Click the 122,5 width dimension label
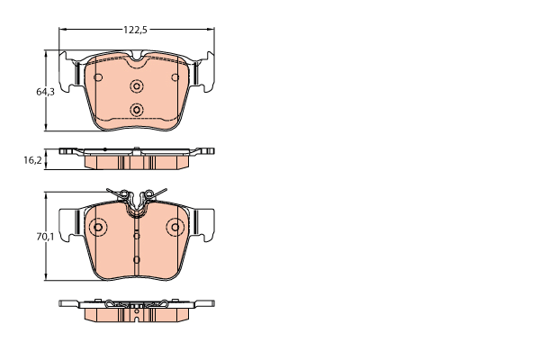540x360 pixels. (135, 30)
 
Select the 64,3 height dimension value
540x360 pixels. (46, 92)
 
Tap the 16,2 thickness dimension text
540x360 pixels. (32, 160)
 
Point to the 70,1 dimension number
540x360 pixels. (46, 237)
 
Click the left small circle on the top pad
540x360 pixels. (98, 77)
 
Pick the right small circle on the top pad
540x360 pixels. (175, 77)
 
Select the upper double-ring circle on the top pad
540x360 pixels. (137, 86)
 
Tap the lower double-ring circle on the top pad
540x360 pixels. (137, 110)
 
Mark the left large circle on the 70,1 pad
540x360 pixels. (98, 227)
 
